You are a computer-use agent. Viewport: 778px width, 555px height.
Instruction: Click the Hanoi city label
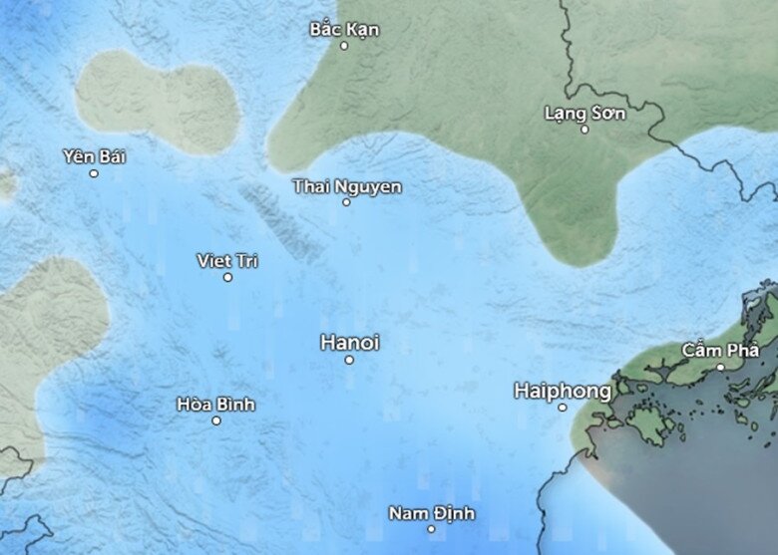coord(350,342)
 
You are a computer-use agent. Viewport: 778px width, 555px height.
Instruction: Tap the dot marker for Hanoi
coord(349,360)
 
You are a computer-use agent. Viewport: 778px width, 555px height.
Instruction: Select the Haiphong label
coord(563,391)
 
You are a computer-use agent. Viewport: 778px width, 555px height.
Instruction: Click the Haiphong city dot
coord(563,408)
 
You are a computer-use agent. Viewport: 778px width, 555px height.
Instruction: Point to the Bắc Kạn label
coord(344,29)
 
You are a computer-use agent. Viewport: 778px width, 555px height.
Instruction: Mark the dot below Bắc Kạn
coord(344,46)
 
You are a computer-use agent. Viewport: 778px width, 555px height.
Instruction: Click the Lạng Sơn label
coord(585,113)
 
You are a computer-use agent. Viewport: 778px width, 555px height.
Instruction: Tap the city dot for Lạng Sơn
coord(585,130)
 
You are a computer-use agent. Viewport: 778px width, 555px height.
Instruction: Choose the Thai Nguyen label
coord(347,186)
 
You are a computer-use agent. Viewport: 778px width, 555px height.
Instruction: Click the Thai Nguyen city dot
coord(346,202)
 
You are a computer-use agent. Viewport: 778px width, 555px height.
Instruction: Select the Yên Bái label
coord(94,156)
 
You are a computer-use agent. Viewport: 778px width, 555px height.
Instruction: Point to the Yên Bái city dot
coord(94,173)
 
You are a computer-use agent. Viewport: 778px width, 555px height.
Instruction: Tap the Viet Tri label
coord(227,260)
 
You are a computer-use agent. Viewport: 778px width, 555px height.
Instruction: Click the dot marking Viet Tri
coord(227,277)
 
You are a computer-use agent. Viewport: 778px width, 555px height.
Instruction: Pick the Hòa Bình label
coord(215,404)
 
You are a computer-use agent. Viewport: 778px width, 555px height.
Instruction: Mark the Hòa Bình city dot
coord(215,420)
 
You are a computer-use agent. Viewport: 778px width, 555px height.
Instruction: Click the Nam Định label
coord(432,513)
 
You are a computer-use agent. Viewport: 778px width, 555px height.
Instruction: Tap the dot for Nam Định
coord(432,529)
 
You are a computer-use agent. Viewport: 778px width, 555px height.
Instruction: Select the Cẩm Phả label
coord(720,350)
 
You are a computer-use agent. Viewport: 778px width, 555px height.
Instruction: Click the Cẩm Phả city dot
coord(720,367)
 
